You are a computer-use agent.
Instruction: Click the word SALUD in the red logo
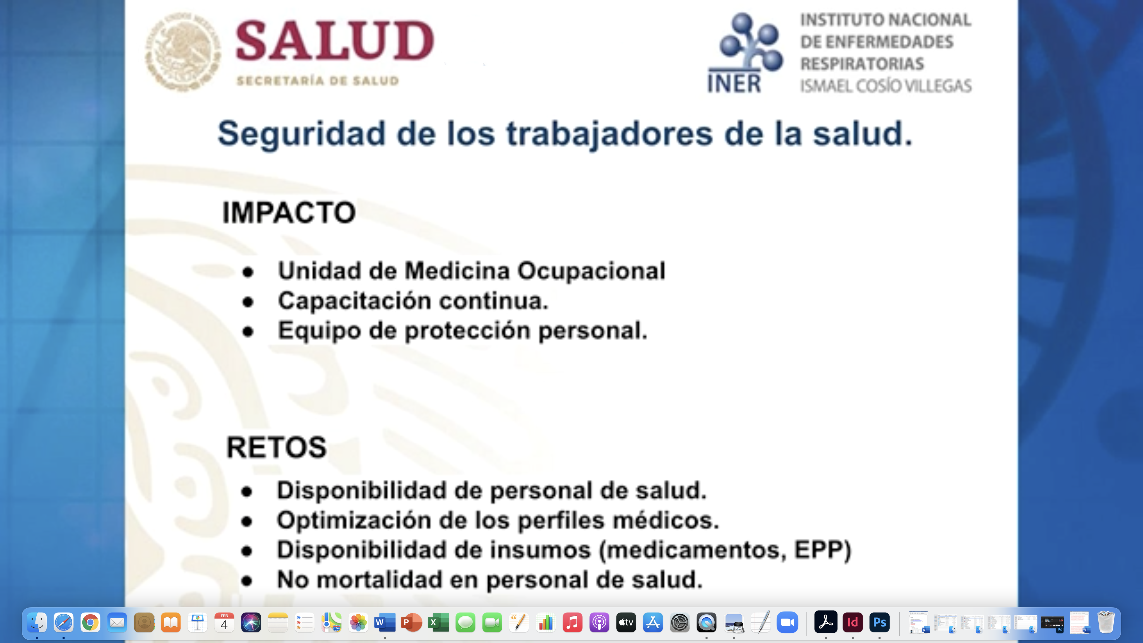[335, 40]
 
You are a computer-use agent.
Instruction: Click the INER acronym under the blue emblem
[734, 83]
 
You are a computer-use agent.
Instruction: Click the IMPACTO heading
[289, 213]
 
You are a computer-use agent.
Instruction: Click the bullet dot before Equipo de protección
[248, 332]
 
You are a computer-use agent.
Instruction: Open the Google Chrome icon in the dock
[90, 623]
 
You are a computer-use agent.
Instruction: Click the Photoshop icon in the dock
[880, 623]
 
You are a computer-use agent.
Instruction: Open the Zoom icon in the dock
[787, 623]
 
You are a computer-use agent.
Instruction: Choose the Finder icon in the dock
[37, 623]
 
